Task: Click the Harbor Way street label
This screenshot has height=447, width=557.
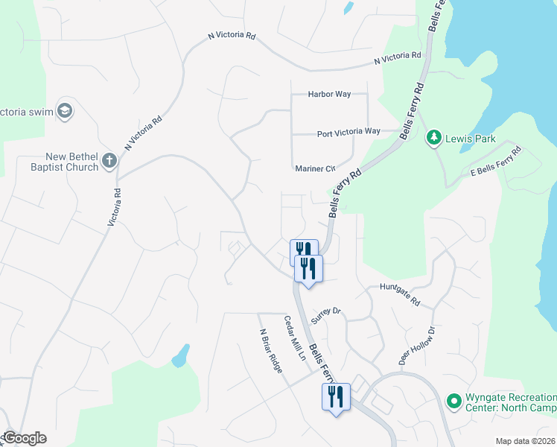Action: [x=330, y=94]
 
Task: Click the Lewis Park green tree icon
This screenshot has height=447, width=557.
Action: [x=433, y=137]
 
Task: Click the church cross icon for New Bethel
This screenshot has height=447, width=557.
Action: [x=109, y=159]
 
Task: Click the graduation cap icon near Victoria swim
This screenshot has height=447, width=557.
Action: [x=65, y=111]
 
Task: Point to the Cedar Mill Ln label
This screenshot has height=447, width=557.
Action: [x=295, y=338]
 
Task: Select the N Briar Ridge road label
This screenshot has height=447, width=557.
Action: [x=270, y=351]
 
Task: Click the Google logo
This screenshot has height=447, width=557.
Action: [x=24, y=438]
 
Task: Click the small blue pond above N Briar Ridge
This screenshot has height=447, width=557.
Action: [x=179, y=356]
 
